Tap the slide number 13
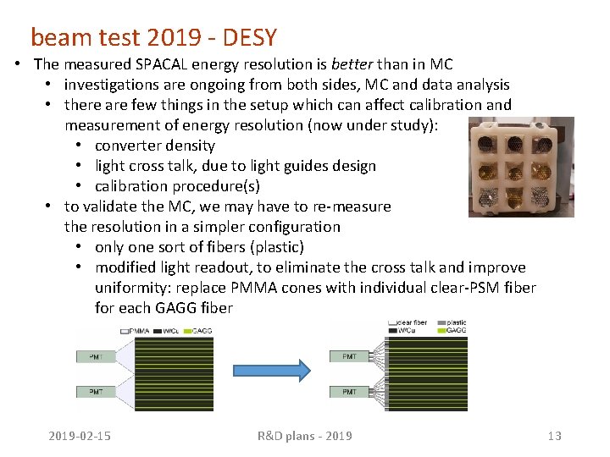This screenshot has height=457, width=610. point(554,436)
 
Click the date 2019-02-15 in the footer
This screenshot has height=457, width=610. point(80,436)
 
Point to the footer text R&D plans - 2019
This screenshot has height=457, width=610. point(304,436)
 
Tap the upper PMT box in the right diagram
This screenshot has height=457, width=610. point(349,357)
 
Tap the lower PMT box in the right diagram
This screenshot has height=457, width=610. point(349,392)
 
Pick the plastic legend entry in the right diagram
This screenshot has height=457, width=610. point(455,322)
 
